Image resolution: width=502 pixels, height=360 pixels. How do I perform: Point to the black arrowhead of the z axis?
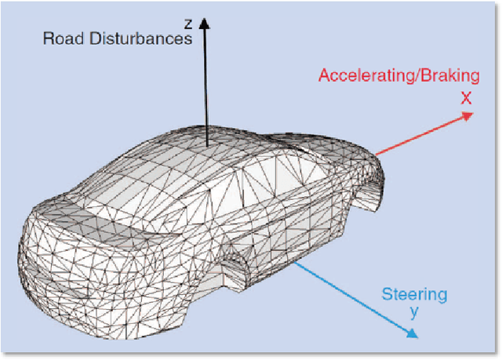pos(205,25)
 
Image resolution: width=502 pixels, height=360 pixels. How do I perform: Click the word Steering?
pos(414,295)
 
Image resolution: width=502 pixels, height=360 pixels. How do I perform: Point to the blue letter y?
pos(415,311)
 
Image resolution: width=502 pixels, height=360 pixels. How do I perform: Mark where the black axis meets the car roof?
pos(206,146)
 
